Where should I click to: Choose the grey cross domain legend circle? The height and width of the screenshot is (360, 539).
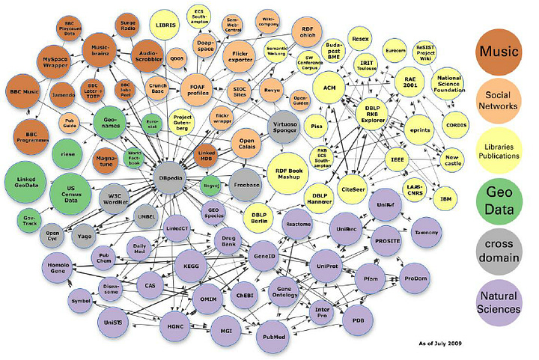click(x=501, y=240)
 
